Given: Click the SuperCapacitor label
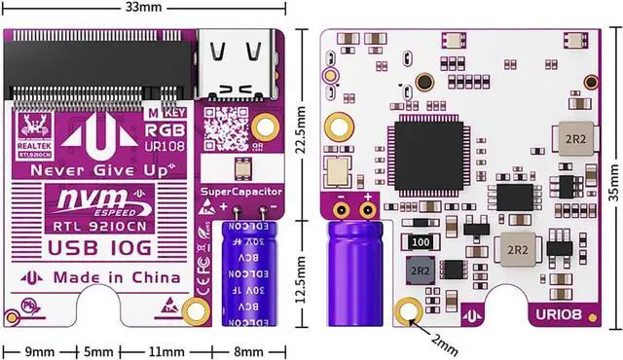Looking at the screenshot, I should [x=241, y=193].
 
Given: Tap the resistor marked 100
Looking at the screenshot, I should [x=421, y=242].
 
